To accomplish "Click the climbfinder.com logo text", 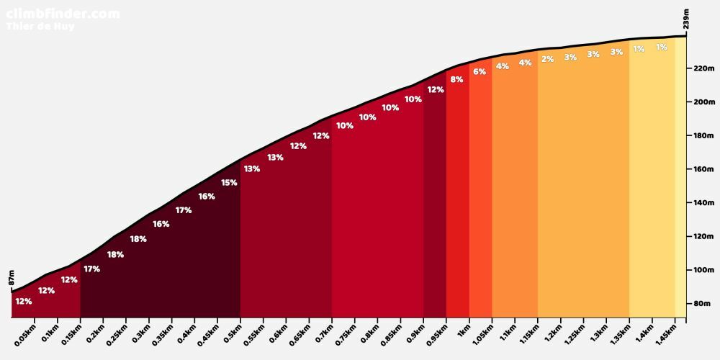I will (x=63, y=13).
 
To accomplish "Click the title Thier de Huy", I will (x=40, y=27).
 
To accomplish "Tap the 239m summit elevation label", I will (x=686, y=19).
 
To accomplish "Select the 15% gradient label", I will (x=229, y=183).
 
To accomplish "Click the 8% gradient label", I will (x=456, y=80).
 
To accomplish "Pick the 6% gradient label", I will (x=480, y=72).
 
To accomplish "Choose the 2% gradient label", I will (x=548, y=60).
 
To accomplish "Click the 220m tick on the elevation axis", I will (x=702, y=68).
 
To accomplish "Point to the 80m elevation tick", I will (x=702, y=304).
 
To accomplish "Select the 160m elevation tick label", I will (x=702, y=169).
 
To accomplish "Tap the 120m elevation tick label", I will (x=702, y=237).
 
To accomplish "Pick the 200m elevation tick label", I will (x=702, y=102).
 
